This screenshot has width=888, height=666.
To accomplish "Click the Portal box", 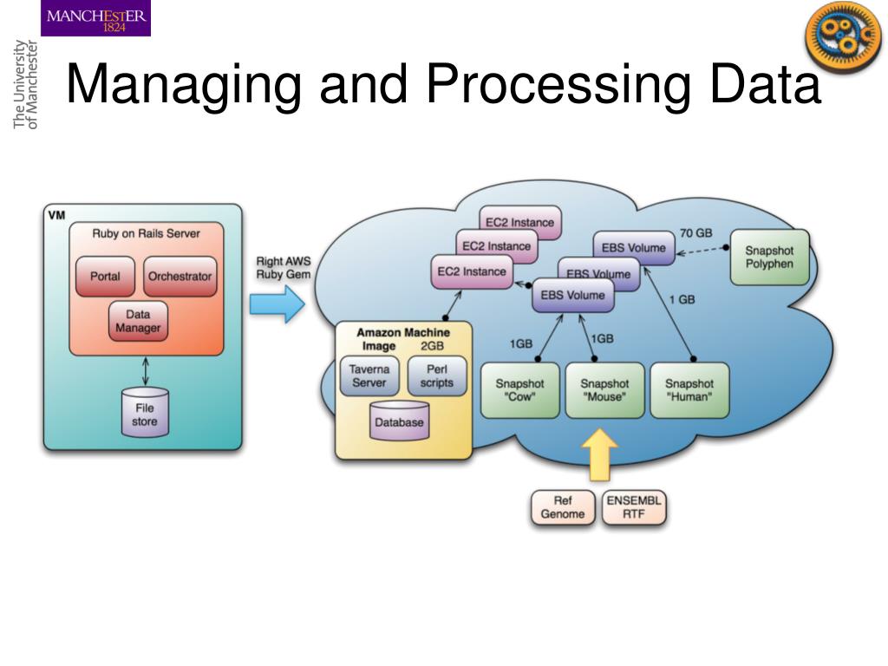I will tap(106, 277).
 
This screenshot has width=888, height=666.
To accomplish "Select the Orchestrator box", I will tap(180, 277).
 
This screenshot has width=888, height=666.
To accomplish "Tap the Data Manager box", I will tap(138, 322).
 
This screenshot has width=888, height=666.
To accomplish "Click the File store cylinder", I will tap(145, 414).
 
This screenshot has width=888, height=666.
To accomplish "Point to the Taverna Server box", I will tap(369, 375).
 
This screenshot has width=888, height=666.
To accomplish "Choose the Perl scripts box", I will tap(437, 375).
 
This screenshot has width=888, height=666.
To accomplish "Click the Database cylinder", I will tap(399, 421).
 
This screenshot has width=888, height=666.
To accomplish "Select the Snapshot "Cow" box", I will tap(520, 390).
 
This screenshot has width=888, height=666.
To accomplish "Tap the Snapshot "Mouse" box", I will tap(604, 390).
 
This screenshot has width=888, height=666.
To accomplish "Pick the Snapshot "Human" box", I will tap(689, 390).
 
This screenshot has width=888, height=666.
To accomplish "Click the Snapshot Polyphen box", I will tap(769, 258).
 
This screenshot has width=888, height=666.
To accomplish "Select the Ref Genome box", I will tap(563, 507).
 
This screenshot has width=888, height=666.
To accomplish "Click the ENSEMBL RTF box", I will tap(634, 507).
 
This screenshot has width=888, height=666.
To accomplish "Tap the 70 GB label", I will tap(696, 232).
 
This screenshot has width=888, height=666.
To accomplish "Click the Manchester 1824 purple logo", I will tap(97, 19).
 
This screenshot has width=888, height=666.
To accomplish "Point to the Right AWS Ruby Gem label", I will tap(283, 267).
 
